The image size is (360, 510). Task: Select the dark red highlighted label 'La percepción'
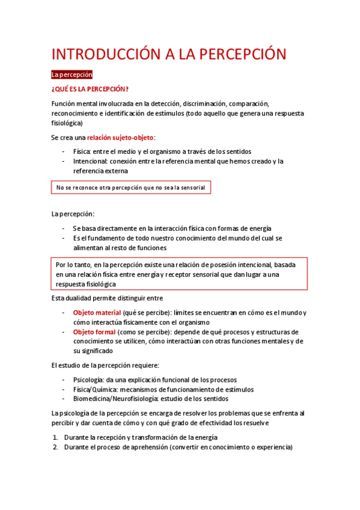tap(72, 75)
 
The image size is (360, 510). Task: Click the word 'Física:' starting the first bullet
tap(82, 152)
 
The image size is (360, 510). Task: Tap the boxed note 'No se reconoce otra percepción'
tap(130, 188)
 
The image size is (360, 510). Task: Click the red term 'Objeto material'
tap(97, 313)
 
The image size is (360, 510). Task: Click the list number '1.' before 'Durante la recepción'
tap(55, 437)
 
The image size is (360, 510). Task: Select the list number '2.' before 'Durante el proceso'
tap(55, 447)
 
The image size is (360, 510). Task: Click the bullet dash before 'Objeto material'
tap(64, 313)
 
